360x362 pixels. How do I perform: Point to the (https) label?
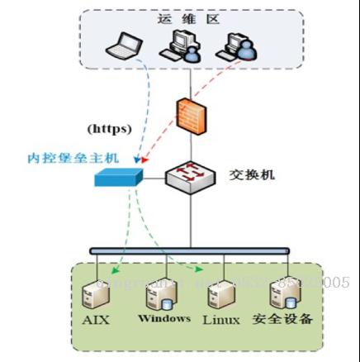(110, 128)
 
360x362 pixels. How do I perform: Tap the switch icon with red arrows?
(191, 175)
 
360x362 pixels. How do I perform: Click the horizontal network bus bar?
(190, 250)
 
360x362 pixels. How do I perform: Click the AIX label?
(97, 320)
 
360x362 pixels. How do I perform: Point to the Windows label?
(164, 318)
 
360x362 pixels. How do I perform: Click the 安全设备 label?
(282, 319)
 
